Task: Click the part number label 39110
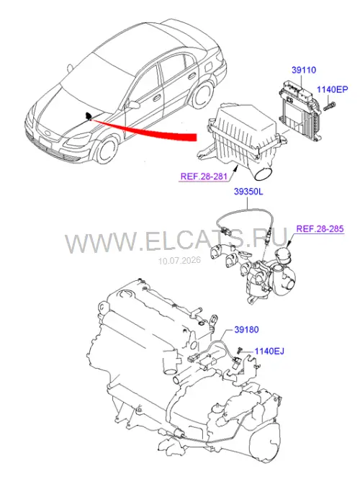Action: tap(304, 70)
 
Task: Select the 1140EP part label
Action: tap(332, 89)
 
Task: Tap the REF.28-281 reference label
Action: tap(204, 176)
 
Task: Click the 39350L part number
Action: tap(248, 192)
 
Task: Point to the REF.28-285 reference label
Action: tap(320, 228)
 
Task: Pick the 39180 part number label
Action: tap(246, 330)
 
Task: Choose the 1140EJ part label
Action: tap(269, 351)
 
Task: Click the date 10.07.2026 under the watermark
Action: tap(179, 261)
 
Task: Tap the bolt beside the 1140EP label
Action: tap(329, 106)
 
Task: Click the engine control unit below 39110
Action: tap(300, 109)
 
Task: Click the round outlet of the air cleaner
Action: tap(264, 174)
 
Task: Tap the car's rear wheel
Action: tap(203, 94)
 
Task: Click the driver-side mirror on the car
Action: tap(133, 104)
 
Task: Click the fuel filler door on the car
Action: tap(209, 66)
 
